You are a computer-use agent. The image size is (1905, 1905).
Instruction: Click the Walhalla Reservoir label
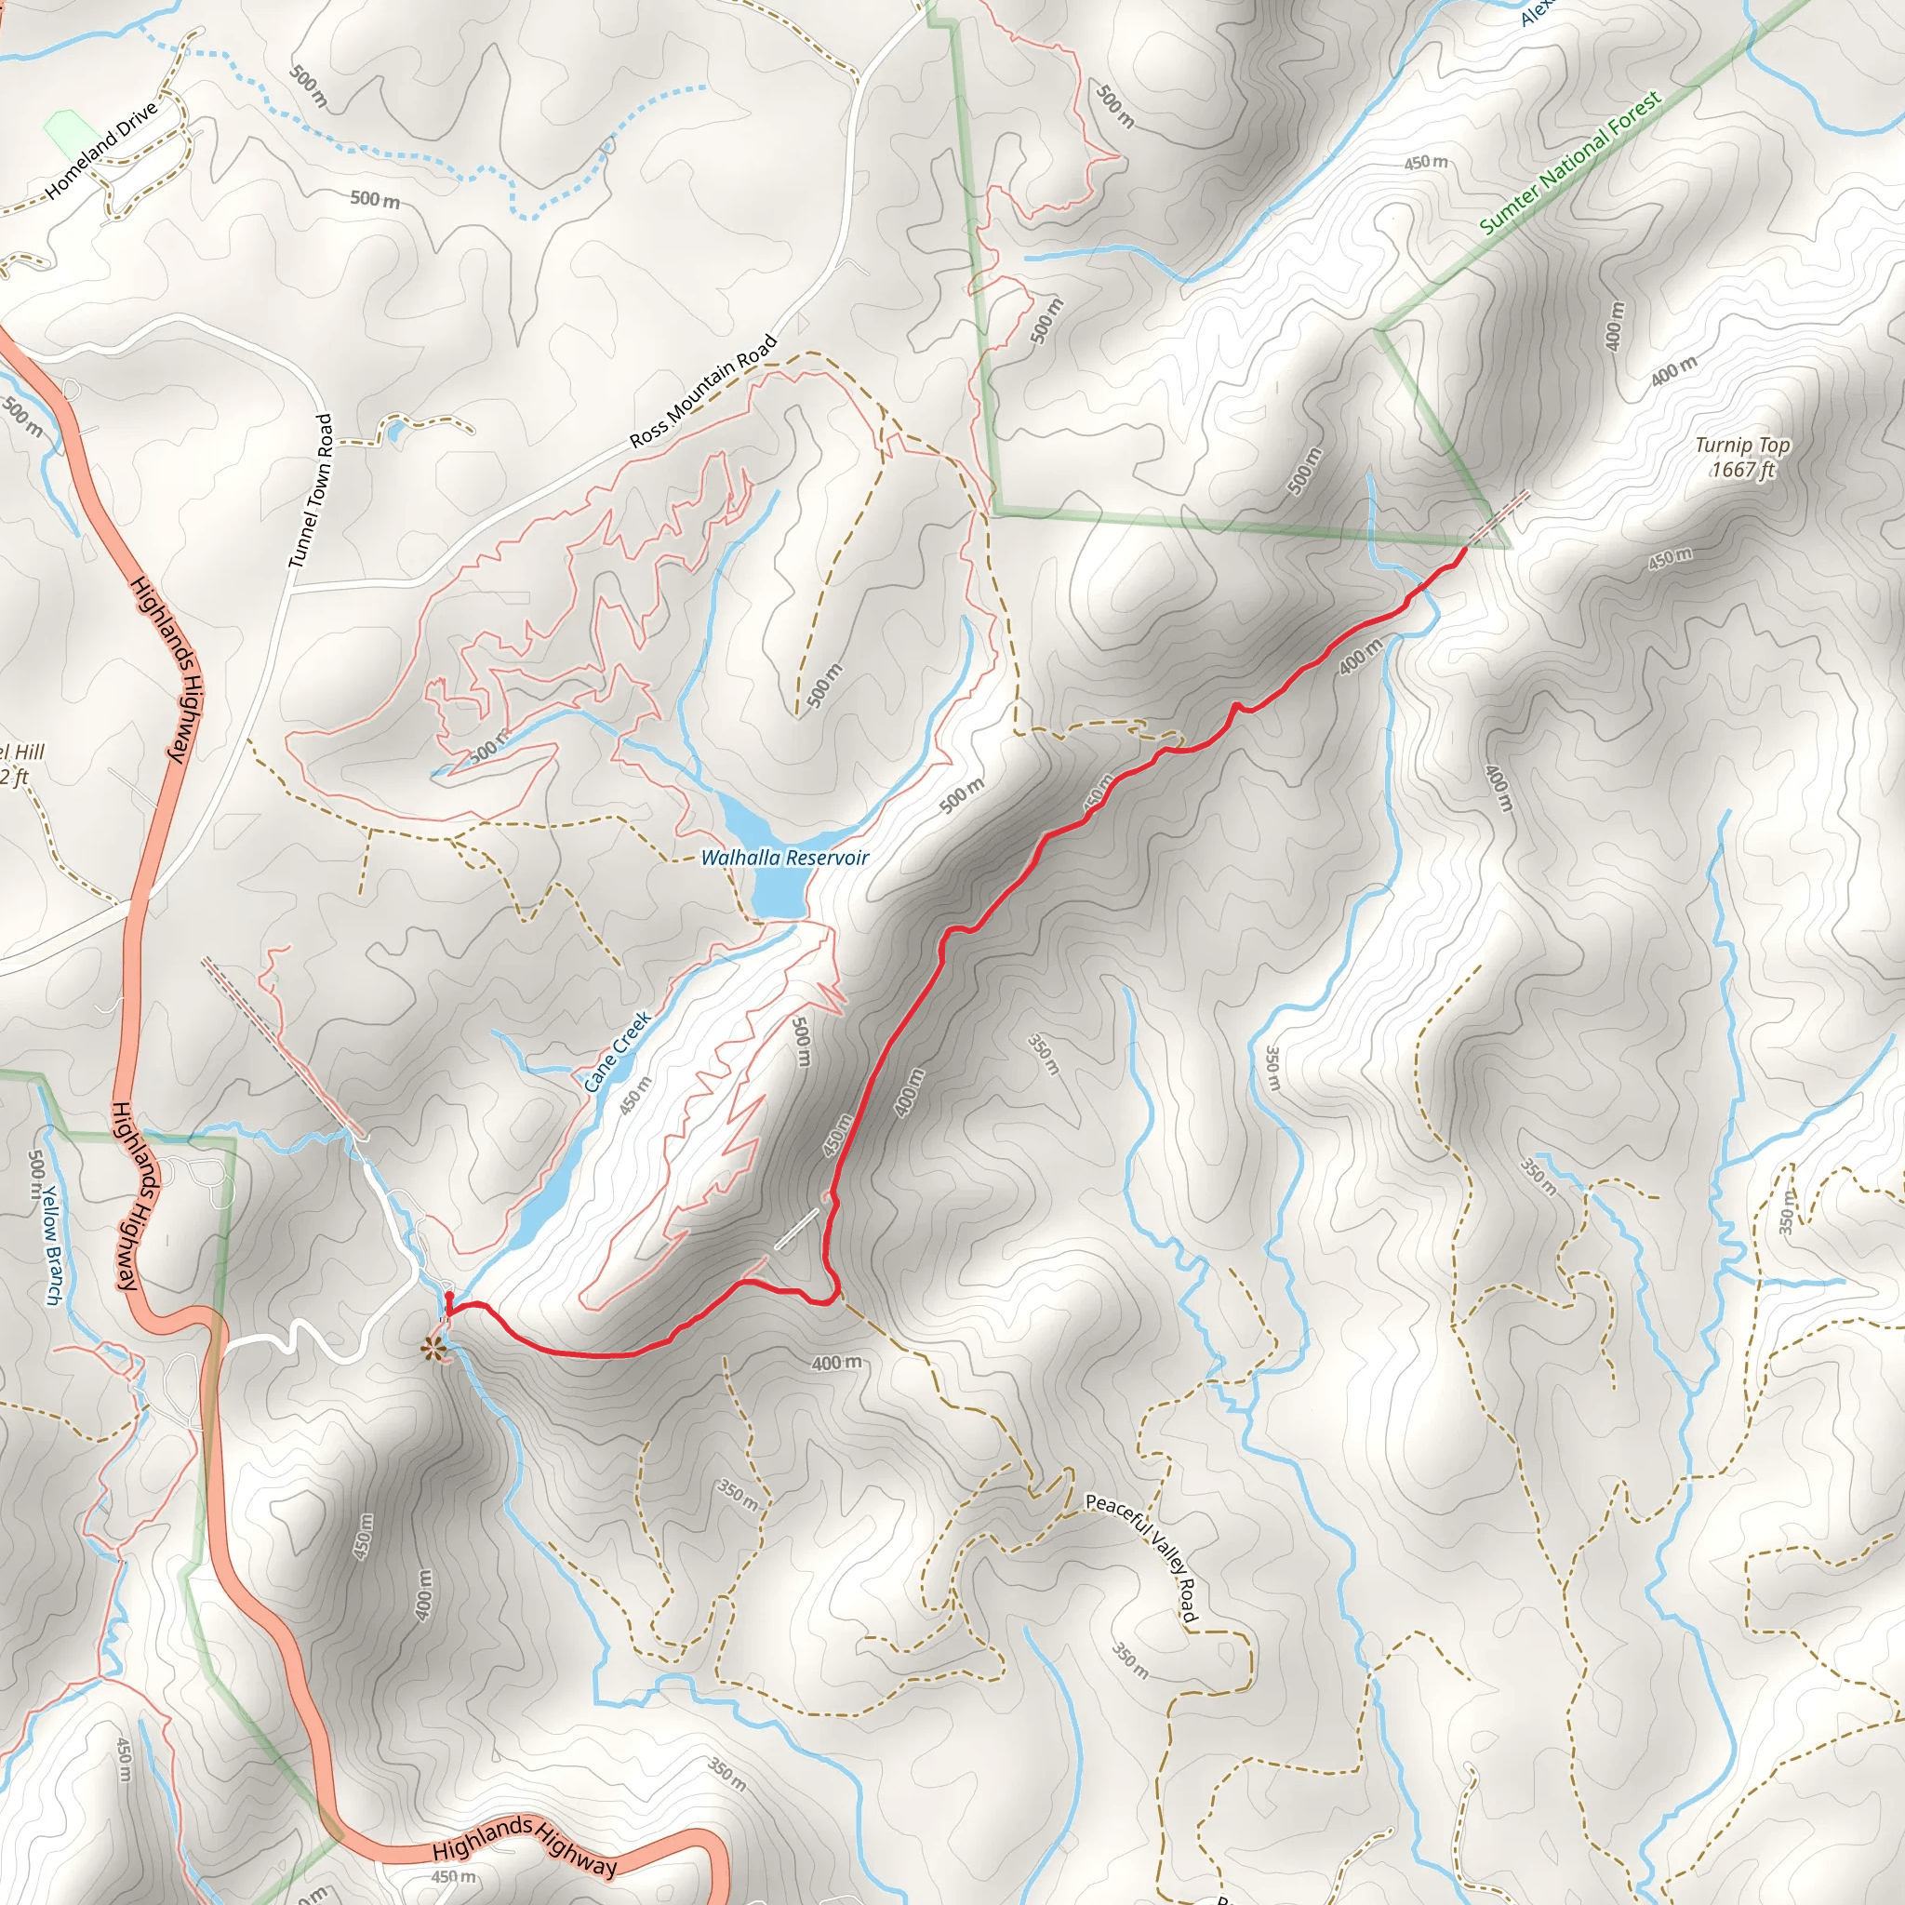(784, 858)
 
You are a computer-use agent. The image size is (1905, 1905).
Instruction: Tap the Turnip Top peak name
(1742, 446)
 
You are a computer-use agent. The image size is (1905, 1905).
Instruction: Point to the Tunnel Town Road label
(311, 491)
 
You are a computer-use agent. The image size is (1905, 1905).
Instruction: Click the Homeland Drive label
(101, 150)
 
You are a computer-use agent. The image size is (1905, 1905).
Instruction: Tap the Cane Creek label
(618, 1051)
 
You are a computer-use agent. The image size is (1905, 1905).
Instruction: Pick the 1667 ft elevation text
(1742, 471)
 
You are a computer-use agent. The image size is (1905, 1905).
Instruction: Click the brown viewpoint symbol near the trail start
(432, 1348)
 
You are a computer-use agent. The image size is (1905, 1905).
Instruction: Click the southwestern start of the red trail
(448, 1297)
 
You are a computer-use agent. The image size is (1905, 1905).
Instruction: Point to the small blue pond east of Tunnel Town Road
(394, 430)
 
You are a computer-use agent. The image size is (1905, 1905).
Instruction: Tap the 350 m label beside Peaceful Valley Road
(1131, 1659)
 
